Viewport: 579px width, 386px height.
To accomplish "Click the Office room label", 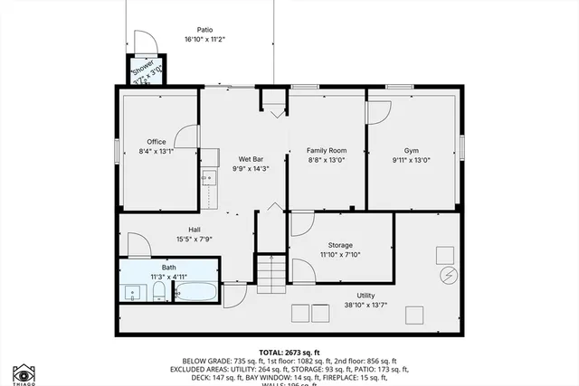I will (x=156, y=142).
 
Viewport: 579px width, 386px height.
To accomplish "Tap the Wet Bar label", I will (x=251, y=159).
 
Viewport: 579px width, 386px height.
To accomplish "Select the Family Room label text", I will (x=327, y=150).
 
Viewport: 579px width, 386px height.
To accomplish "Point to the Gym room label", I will (x=412, y=150).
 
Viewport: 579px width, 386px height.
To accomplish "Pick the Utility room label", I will (x=365, y=296).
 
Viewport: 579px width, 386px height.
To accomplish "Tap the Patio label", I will (x=204, y=30).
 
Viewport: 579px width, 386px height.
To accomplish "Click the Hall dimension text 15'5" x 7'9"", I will (x=195, y=239).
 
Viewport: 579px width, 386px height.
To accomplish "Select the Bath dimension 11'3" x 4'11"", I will (x=169, y=277).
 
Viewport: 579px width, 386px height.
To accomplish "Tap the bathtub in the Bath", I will (x=195, y=292).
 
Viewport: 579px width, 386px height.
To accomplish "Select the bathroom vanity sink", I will (x=133, y=292).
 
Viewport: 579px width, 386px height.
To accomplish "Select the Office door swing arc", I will (x=186, y=135).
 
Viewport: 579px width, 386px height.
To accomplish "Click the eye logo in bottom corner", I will (x=24, y=373).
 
